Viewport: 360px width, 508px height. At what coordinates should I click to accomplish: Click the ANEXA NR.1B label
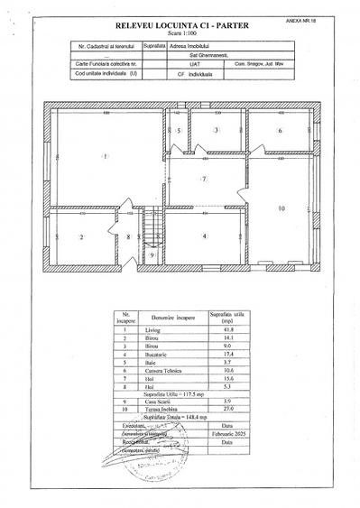[334, 17]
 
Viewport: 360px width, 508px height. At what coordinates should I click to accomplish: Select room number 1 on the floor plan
[106, 157]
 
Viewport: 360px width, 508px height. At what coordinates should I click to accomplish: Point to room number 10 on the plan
[282, 208]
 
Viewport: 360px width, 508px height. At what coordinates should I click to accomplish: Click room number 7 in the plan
[205, 179]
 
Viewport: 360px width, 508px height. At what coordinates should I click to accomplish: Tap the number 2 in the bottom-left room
[81, 237]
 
